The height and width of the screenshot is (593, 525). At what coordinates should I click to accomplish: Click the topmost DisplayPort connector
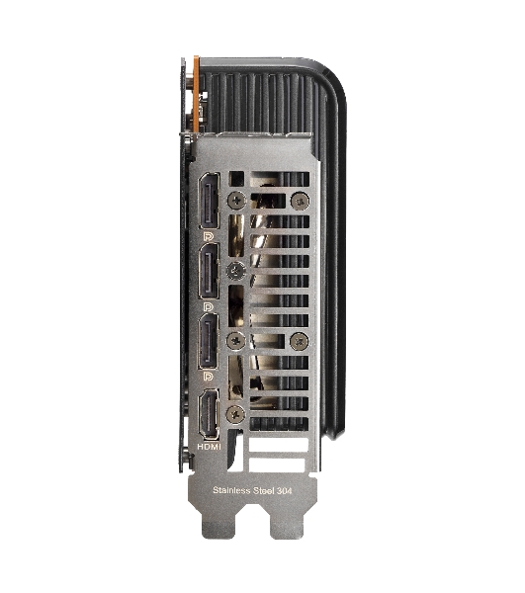click(210, 201)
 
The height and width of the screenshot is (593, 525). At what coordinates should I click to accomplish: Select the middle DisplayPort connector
click(210, 271)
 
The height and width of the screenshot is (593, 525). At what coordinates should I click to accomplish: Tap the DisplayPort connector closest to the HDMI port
click(209, 341)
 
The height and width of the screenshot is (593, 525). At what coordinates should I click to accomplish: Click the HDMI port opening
click(210, 414)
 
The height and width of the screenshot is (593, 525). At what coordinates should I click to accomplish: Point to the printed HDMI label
click(210, 447)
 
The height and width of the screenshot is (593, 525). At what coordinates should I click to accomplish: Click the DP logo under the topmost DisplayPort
click(209, 237)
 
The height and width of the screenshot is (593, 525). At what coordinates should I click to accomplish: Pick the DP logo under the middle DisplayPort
click(209, 306)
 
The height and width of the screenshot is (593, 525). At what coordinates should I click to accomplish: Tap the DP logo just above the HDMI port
click(209, 377)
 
